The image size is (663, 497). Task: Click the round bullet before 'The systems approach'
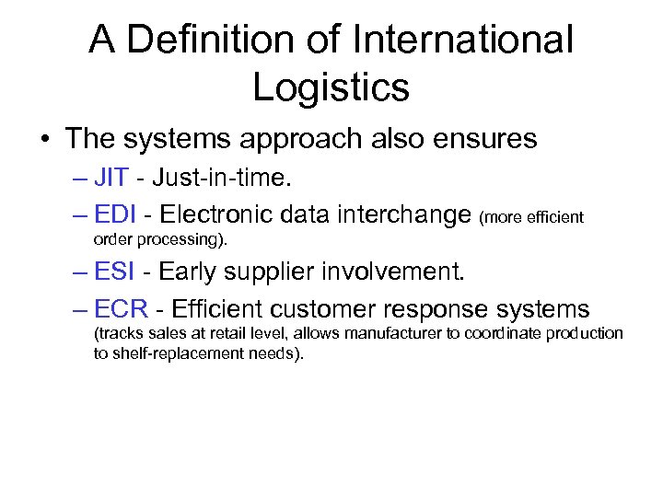[43, 139]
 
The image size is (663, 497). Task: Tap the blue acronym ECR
[120, 309]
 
